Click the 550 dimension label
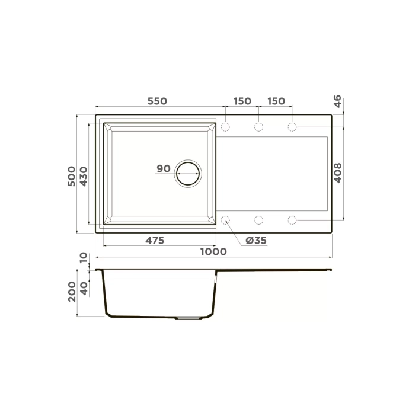(x=157, y=101)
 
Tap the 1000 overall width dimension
(x=213, y=251)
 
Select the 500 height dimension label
(x=72, y=176)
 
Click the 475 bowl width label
(x=154, y=240)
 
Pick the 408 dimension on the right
(x=338, y=173)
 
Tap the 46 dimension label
(x=338, y=101)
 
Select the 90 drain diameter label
(x=164, y=169)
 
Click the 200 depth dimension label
(x=72, y=292)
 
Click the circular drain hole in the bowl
(x=188, y=173)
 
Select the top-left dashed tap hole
(x=226, y=127)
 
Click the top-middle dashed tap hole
(x=259, y=127)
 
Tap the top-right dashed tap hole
(x=292, y=127)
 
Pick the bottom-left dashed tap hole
(x=226, y=220)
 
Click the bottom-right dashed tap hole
(x=292, y=220)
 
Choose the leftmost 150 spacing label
(x=242, y=101)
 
